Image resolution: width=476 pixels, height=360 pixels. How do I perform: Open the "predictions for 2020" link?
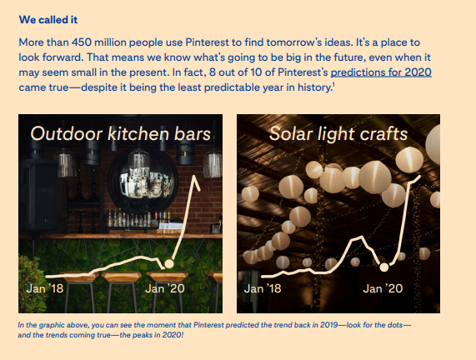(x=385, y=72)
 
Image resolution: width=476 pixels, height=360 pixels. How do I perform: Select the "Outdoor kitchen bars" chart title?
(x=121, y=133)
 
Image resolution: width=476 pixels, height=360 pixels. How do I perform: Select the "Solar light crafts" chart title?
(x=338, y=133)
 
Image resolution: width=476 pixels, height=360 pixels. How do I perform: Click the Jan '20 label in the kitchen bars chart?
(x=167, y=288)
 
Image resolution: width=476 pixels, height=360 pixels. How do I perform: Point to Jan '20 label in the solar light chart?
(x=383, y=288)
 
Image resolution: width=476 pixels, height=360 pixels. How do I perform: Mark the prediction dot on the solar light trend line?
(x=384, y=267)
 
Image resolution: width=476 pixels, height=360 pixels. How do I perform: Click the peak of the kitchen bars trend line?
(x=198, y=177)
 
